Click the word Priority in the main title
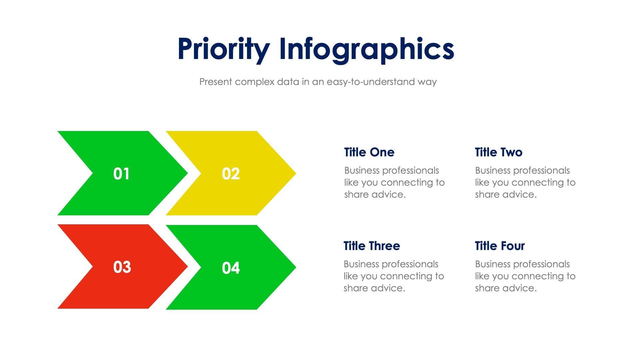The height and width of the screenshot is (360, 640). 223,49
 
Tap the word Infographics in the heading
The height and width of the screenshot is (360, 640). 366,49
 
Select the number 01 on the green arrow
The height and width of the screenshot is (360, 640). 121,174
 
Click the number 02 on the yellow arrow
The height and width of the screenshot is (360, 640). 231,174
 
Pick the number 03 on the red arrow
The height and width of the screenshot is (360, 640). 122,267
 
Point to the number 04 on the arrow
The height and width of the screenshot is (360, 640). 231,268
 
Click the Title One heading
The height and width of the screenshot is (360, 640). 369,152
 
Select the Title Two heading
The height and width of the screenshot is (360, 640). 498,152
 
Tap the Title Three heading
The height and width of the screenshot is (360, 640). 372,246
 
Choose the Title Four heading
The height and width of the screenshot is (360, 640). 500,246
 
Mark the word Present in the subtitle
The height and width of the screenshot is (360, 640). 215,82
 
